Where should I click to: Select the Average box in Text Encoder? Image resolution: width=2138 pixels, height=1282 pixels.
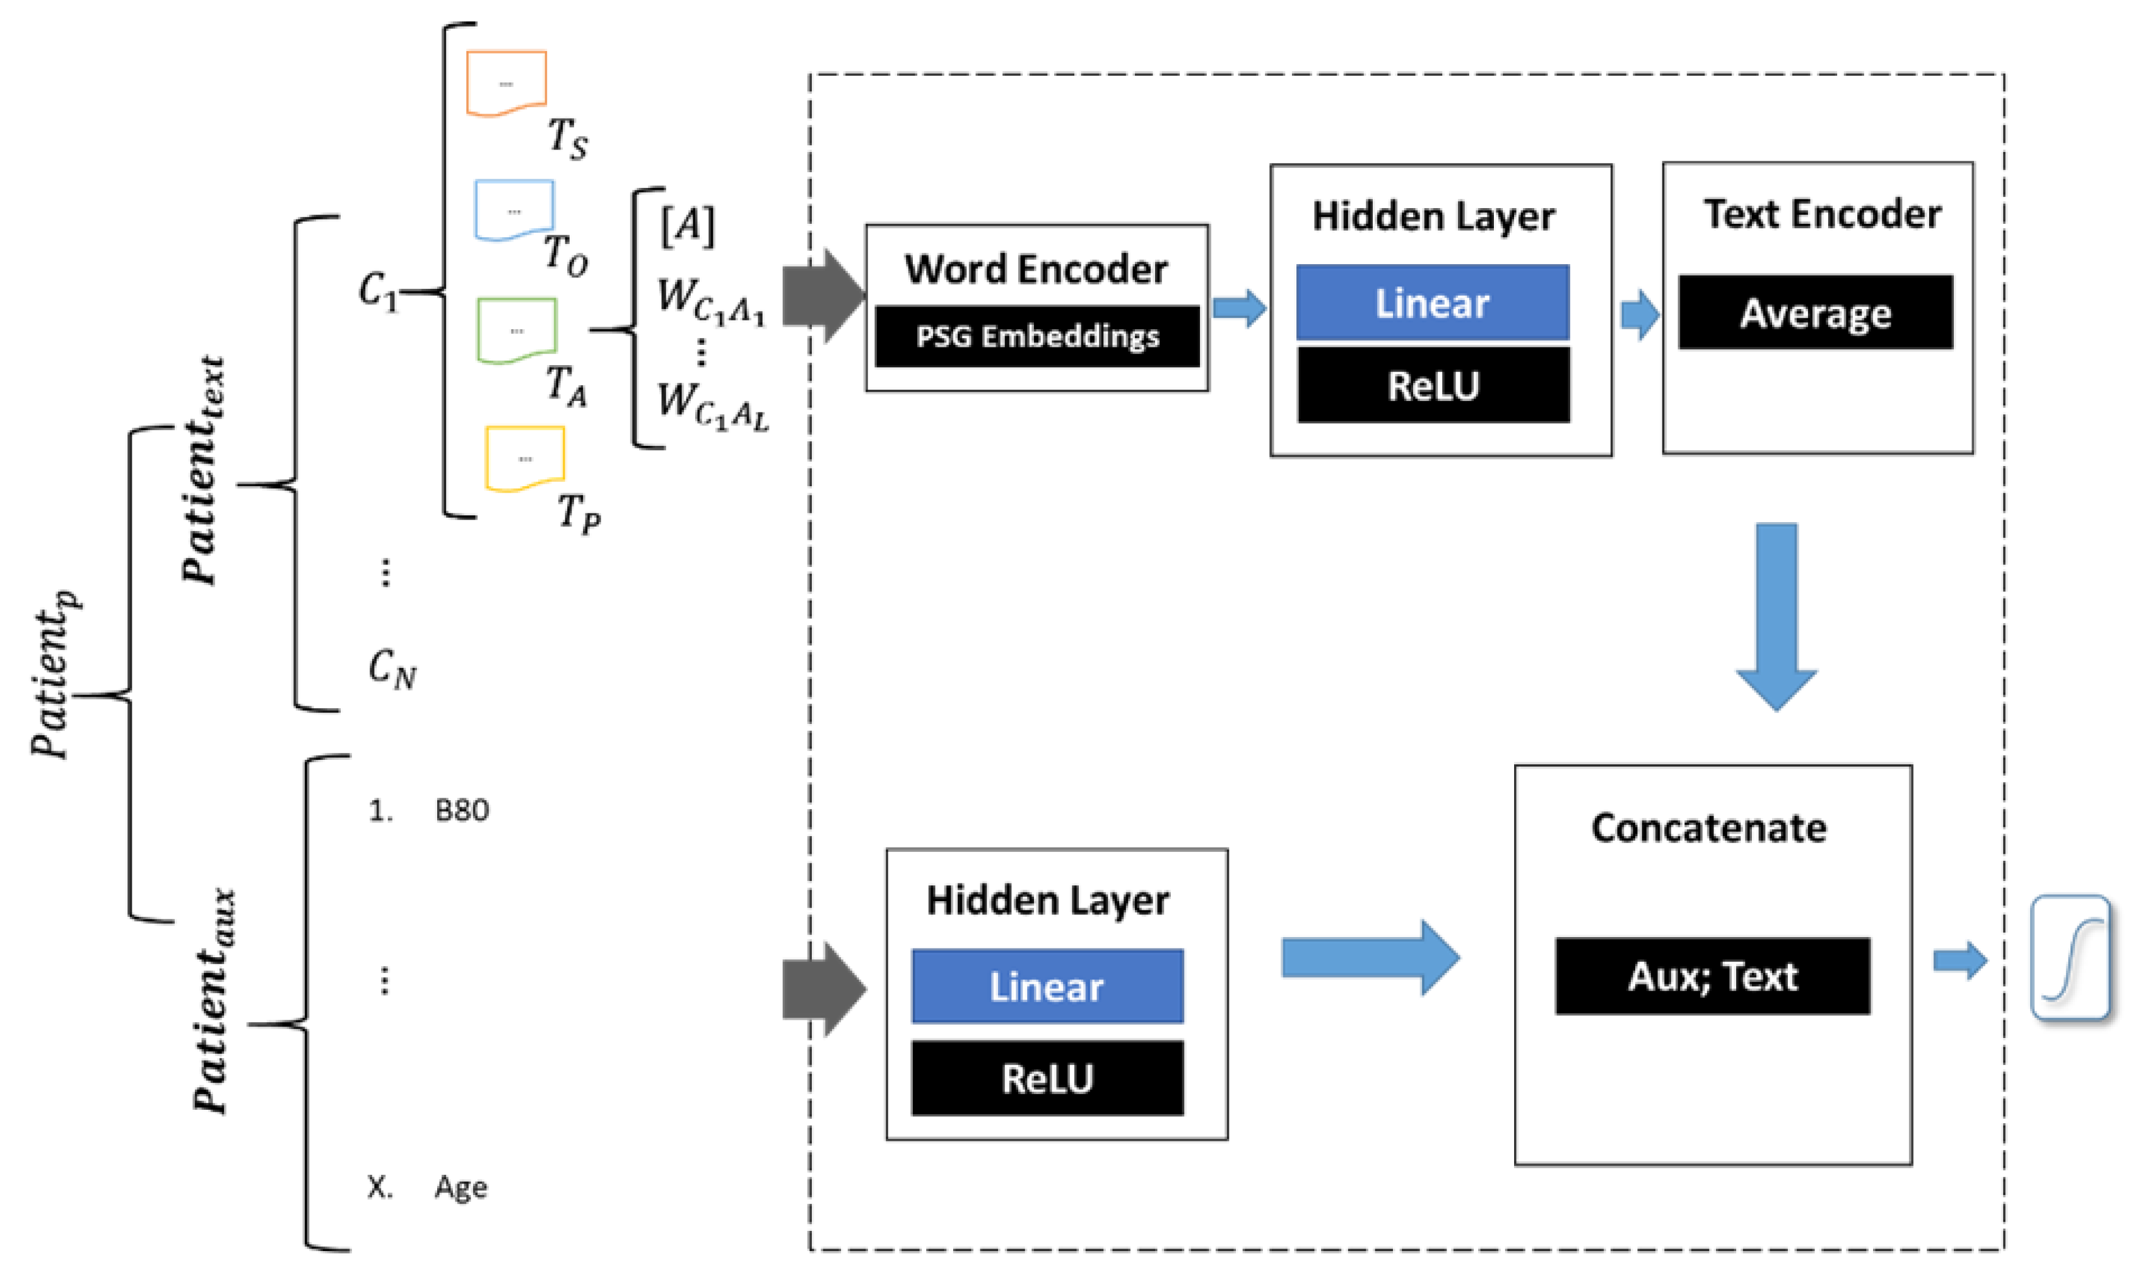point(1815,313)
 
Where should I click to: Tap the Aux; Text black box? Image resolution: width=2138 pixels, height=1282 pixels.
point(1712,976)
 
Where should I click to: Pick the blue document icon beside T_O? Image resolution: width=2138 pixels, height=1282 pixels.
point(514,210)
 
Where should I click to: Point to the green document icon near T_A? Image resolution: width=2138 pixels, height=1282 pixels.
point(516,330)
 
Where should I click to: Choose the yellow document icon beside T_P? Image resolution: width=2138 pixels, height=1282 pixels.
point(524,458)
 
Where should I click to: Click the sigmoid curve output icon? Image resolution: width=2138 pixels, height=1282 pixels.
point(2070,958)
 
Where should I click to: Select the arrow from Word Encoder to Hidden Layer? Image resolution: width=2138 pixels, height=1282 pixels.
point(1239,308)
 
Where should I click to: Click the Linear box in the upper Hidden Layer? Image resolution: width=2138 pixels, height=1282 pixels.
point(1432,302)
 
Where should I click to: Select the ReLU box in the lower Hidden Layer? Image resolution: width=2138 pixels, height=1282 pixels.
point(1047,1078)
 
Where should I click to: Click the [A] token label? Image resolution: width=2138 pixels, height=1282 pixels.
point(687,226)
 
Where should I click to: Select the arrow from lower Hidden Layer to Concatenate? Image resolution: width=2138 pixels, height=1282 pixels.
point(1370,957)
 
